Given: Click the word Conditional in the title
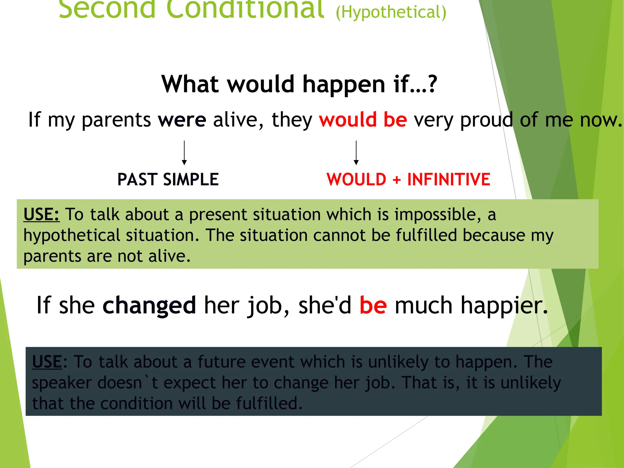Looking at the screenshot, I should [245, 9].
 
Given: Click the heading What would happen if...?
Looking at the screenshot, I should [299, 84].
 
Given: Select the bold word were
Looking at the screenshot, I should [182, 120].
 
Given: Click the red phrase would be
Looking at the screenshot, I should [363, 120].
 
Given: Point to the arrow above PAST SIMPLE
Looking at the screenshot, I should [184, 153].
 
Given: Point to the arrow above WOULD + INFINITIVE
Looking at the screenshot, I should [356, 153].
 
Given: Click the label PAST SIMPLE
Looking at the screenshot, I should [168, 179].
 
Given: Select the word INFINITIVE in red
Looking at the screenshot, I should [448, 179].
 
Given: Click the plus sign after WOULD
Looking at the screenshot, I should [396, 180].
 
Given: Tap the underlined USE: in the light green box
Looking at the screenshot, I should [41, 214].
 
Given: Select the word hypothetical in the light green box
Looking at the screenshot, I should [72, 236].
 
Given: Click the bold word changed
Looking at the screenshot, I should [149, 305].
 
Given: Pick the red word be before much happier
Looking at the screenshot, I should [373, 305].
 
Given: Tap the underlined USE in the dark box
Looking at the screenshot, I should [47, 362].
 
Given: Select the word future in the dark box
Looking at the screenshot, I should [221, 362].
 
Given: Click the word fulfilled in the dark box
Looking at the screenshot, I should [269, 403].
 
